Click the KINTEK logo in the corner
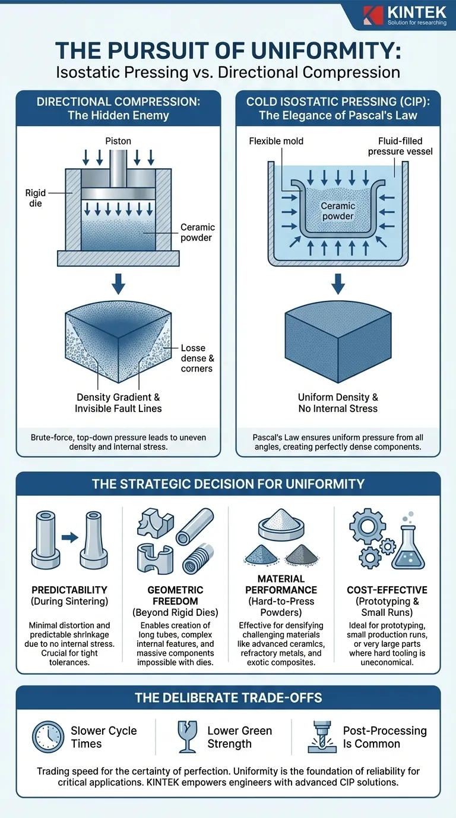click(x=404, y=15)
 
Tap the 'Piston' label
click(x=118, y=141)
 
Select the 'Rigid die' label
click(x=36, y=198)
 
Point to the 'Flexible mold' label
click(x=276, y=141)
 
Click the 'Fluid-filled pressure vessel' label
click(x=400, y=146)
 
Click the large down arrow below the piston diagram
click(x=118, y=284)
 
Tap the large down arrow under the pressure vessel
click(x=338, y=284)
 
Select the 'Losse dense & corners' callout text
click(x=197, y=358)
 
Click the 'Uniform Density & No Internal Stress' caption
click(x=338, y=403)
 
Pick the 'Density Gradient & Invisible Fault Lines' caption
click(x=118, y=403)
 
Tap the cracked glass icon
click(x=188, y=737)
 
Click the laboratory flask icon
click(x=408, y=548)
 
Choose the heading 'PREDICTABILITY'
click(x=69, y=590)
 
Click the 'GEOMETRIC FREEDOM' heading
click(x=175, y=596)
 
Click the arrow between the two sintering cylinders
click(x=69, y=537)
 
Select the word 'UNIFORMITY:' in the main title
click(x=324, y=51)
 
